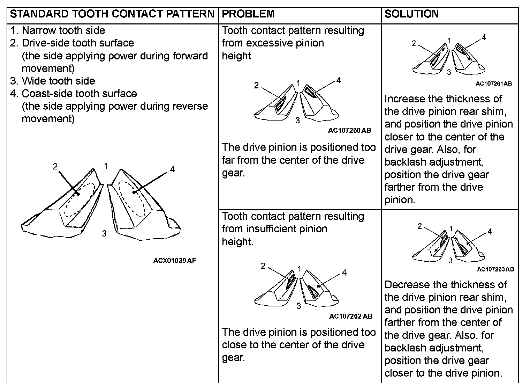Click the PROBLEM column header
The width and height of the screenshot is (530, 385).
point(248,14)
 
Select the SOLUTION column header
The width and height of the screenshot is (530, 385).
point(411,14)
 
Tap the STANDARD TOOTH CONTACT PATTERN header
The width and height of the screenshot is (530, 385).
point(112,14)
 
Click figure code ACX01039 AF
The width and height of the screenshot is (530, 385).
point(174,261)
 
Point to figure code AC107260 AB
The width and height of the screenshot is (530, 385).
point(349,131)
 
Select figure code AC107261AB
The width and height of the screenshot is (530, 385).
point(494,84)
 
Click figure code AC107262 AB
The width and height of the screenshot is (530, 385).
point(350,317)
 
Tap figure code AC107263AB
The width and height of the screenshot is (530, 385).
point(495,269)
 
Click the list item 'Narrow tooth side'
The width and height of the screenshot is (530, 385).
point(63,30)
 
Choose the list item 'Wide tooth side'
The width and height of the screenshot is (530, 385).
point(58,81)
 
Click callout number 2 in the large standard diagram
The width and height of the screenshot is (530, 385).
point(55,167)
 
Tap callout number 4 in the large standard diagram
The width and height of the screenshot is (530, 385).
point(172,169)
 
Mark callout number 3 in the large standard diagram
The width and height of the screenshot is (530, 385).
point(104,234)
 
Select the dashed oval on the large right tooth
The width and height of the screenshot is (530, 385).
point(132,198)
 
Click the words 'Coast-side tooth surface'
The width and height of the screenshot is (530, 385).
point(79,94)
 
